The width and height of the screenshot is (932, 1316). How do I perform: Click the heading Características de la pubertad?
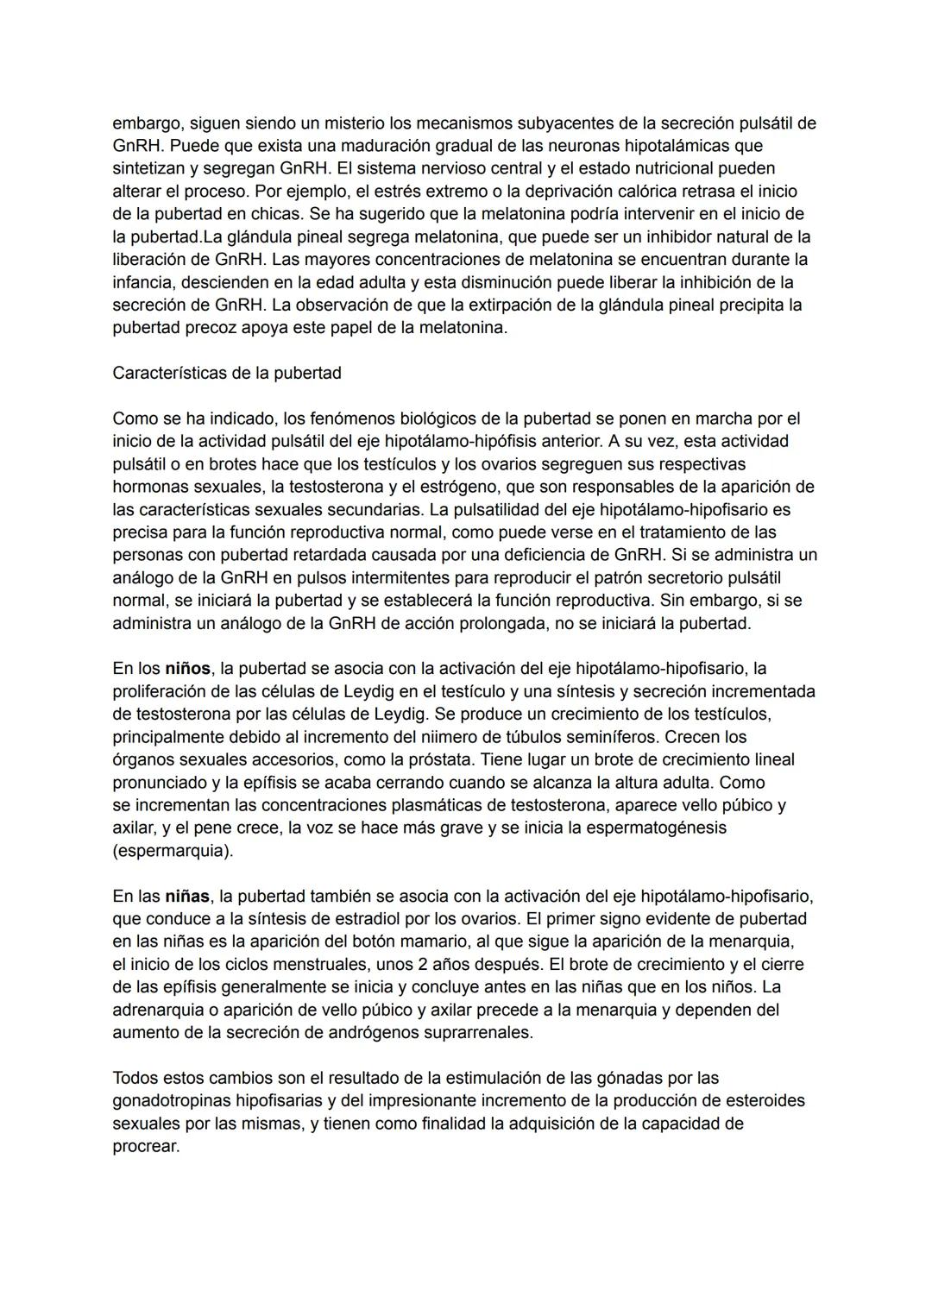point(226,373)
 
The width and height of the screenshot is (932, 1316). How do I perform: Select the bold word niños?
point(187,668)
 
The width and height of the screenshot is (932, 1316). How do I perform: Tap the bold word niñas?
point(187,896)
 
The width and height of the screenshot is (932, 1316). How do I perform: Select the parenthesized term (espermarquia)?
point(173,850)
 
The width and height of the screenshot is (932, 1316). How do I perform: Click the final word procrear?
point(146,1146)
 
